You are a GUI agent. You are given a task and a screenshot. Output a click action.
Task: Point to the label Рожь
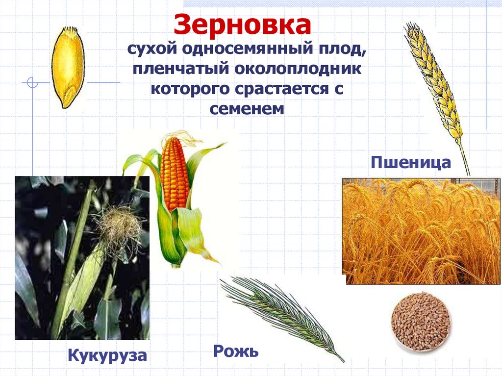(235, 351)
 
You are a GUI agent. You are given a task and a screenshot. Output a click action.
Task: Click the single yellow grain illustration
(68, 66)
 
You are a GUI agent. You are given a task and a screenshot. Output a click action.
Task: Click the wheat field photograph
(421, 231)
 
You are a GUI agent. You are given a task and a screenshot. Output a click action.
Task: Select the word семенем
(247, 108)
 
